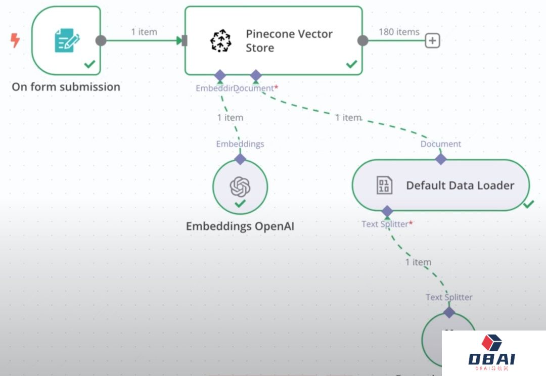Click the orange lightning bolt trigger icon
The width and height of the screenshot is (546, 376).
pos(15,40)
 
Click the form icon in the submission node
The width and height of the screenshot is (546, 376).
pos(67,40)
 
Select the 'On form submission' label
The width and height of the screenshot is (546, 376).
pos(66,87)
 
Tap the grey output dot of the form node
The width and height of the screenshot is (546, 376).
pos(101,40)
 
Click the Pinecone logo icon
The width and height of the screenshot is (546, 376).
pos(220,41)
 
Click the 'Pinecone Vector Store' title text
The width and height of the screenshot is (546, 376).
pos(289,41)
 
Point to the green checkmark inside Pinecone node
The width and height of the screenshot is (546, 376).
pos(351,64)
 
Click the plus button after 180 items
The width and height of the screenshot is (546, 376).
pos(432,40)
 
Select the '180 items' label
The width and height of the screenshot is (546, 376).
pos(399,32)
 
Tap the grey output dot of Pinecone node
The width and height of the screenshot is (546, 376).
pos(363,40)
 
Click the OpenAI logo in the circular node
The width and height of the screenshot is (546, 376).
pos(240,187)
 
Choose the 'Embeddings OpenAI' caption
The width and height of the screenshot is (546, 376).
pos(240,226)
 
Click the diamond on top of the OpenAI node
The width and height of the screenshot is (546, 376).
pos(240,159)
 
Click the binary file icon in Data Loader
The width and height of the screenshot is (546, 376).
pos(384,185)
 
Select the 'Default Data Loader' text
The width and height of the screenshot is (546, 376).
pos(460,185)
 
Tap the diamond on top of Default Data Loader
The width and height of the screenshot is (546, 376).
pos(441,159)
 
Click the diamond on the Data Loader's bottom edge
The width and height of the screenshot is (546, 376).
pos(387,211)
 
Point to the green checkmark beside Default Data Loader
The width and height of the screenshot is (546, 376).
pos(529,204)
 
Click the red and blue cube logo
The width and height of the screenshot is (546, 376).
pos(491,343)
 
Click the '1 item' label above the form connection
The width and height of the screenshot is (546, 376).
pos(144,32)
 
